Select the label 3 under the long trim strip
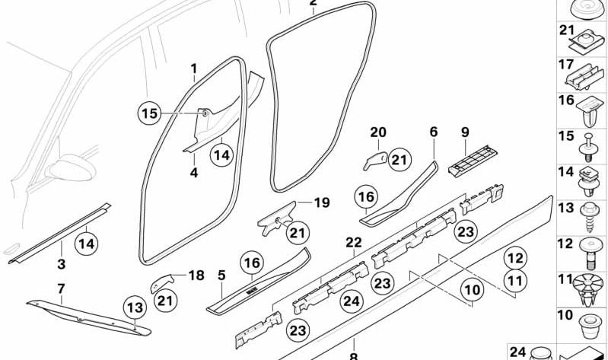point(62,264)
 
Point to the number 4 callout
point(193,173)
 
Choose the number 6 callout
point(434,132)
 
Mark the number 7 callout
point(61,288)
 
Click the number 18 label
point(197,276)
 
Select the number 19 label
point(322,202)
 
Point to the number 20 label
point(378,132)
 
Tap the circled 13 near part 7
point(134,308)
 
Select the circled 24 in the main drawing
point(350,301)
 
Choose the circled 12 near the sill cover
point(515,258)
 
